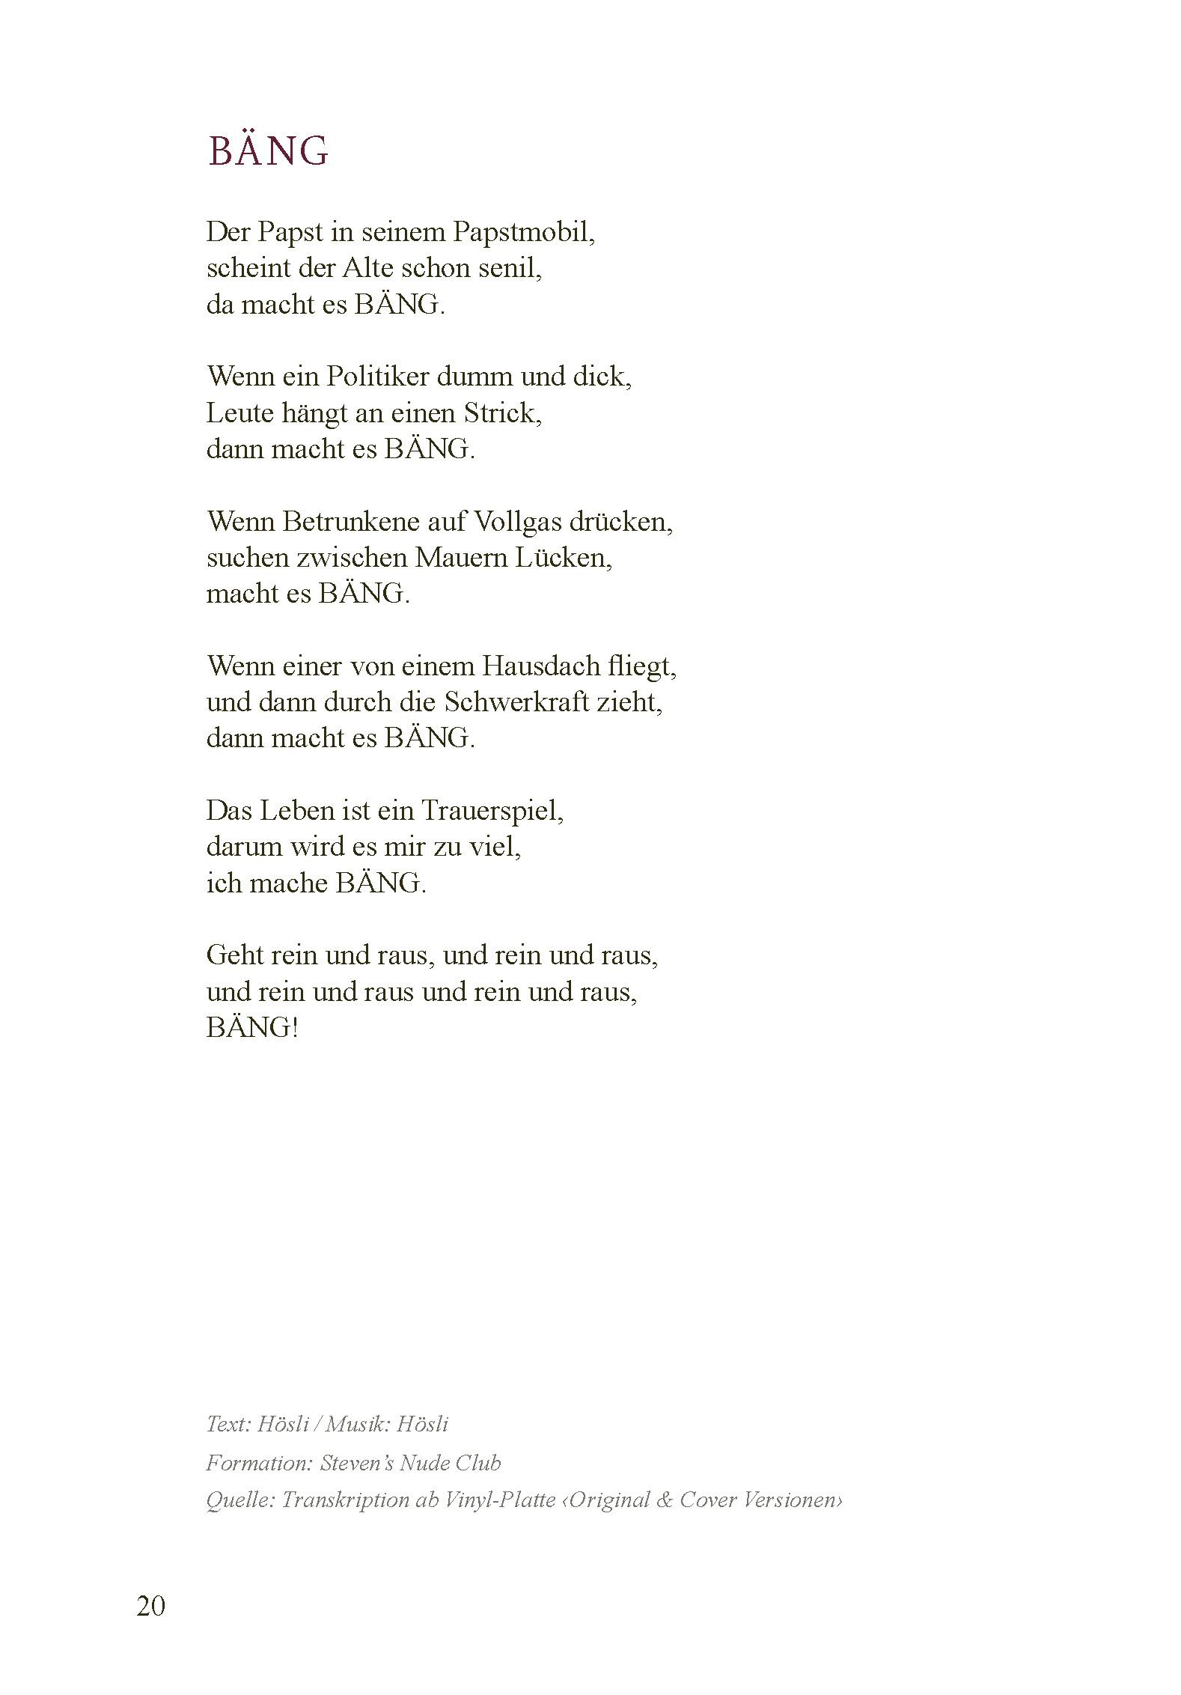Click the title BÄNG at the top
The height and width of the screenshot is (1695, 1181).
pos(268,151)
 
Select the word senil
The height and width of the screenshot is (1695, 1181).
pos(510,269)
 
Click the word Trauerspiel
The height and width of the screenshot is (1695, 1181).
pos(492,811)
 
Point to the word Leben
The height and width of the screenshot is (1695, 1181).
pos(291,811)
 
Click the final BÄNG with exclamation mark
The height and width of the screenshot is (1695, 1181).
pos(252,1028)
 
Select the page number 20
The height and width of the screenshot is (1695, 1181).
pos(150,1605)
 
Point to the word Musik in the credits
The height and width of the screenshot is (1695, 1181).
pos(355,1424)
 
